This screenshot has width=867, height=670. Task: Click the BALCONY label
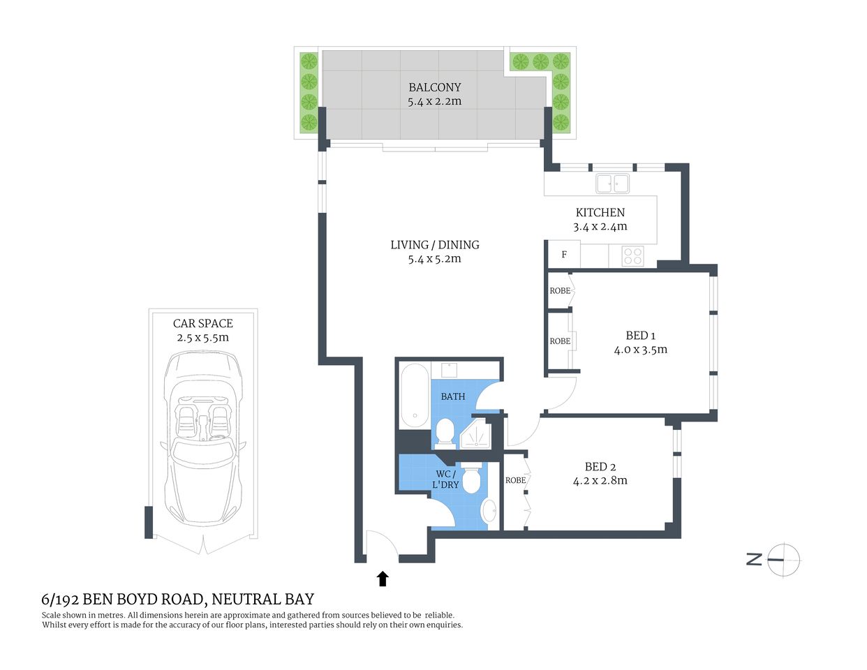point(434,87)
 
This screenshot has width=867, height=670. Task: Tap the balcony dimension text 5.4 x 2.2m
point(434,101)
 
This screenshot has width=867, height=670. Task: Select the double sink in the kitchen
point(612,184)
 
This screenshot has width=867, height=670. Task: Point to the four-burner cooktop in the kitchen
point(632,256)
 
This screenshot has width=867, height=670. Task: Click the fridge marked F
point(564,255)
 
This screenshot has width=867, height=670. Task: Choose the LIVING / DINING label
point(434,245)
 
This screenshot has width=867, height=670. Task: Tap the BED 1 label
point(640,336)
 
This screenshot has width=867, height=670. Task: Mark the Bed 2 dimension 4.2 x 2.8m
point(600,481)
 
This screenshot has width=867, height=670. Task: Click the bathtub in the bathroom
point(415,395)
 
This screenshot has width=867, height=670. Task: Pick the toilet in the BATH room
point(444,432)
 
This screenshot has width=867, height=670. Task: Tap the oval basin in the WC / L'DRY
point(489,510)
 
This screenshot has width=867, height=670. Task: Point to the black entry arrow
point(383,578)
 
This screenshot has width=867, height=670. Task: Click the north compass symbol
point(783,559)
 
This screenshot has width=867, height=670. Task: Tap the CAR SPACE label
point(202,323)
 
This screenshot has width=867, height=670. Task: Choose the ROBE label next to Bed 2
point(515,480)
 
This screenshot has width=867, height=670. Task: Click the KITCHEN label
point(600,212)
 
